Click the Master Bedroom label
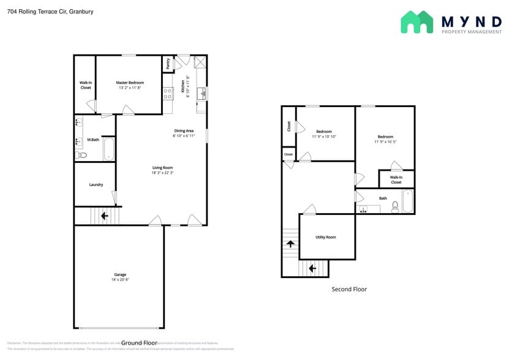coord(129,83)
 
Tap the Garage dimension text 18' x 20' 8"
coord(119,279)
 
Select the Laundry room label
coord(96,184)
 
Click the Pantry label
coord(168,63)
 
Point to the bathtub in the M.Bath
coord(108,149)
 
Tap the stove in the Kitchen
coord(168,93)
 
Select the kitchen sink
coord(201,93)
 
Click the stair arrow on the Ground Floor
coord(104,216)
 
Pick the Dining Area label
coord(184,130)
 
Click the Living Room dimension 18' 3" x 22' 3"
coord(163,173)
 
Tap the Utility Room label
coord(326,237)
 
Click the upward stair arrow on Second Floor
coord(289,244)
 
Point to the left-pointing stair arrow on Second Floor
coord(312,268)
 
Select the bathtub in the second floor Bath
coord(408,201)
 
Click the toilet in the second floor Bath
coord(395,207)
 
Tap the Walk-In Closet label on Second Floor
coord(396,179)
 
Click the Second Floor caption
coord(349,289)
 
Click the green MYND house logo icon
coord(417,22)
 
